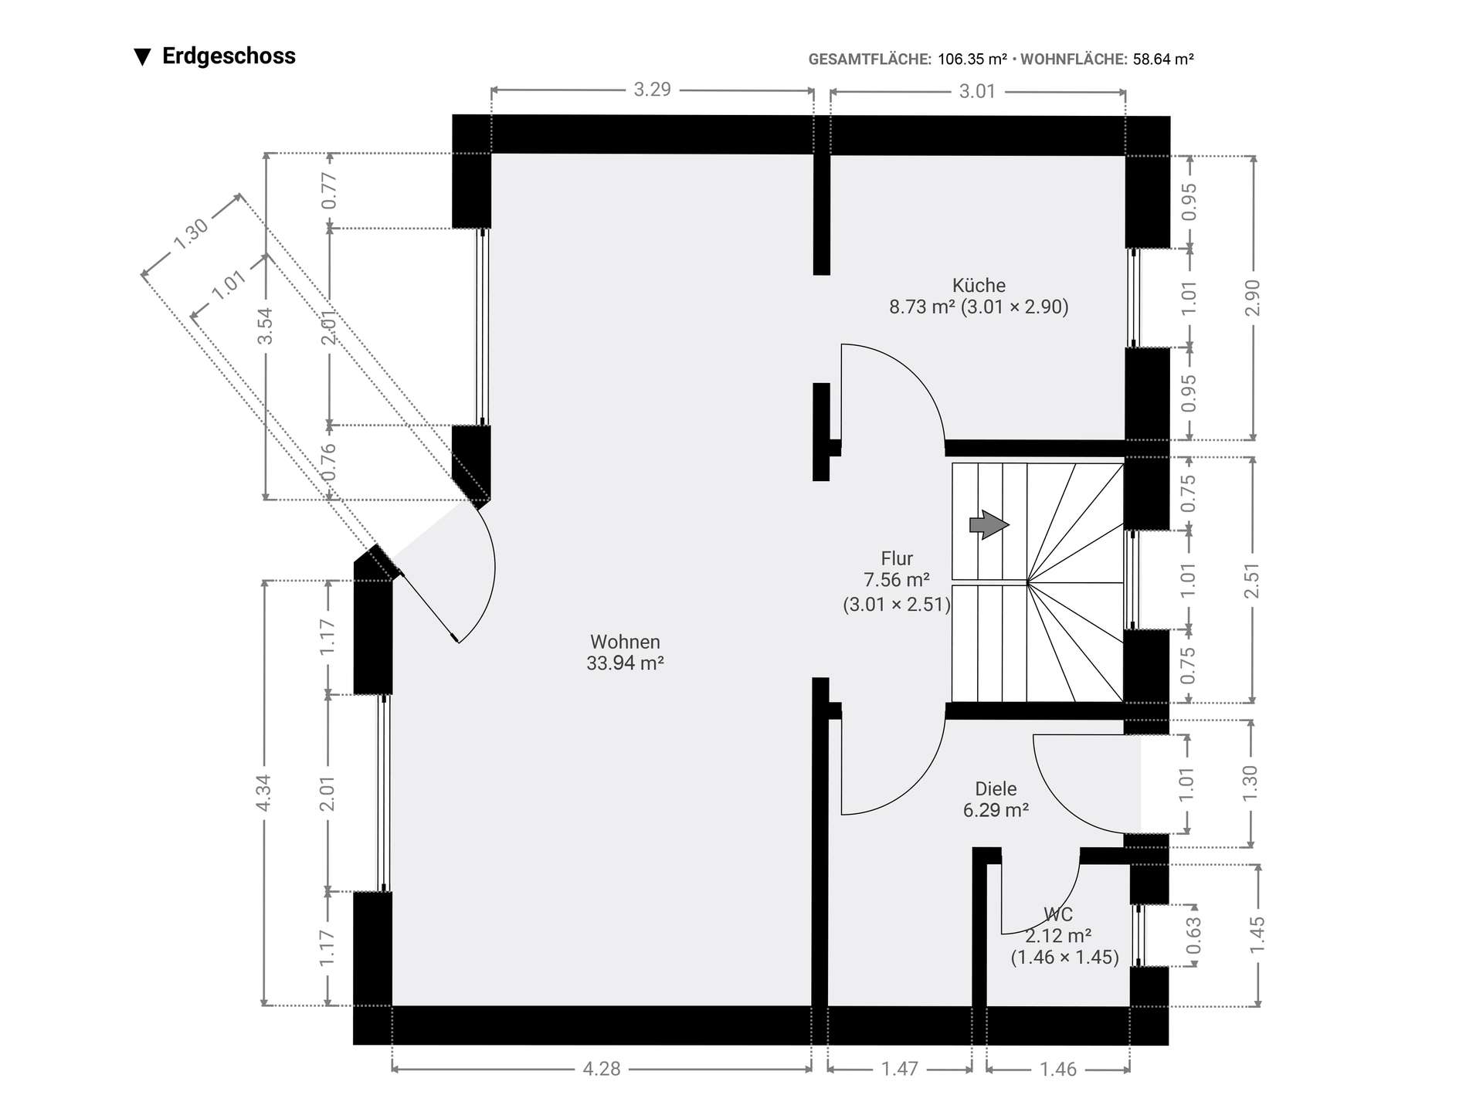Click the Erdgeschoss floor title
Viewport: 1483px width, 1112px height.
click(x=229, y=56)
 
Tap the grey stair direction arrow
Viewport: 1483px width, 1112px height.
click(x=989, y=525)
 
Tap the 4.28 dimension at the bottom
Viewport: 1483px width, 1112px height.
click(x=602, y=1069)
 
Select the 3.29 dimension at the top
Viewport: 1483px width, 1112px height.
click(x=653, y=90)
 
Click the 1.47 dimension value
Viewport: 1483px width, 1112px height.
click(x=900, y=1069)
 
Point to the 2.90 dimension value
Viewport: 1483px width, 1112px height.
click(x=1252, y=298)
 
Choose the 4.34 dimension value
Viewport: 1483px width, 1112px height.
click(x=263, y=793)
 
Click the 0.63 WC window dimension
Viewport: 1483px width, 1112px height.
click(x=1193, y=934)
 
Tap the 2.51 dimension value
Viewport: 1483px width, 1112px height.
click(x=1252, y=581)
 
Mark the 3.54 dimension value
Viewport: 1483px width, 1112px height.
click(x=265, y=326)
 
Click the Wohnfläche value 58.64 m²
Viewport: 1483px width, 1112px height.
click(x=1163, y=59)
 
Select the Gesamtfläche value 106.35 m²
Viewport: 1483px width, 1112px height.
click(x=972, y=59)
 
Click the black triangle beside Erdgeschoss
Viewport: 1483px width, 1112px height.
click(x=142, y=57)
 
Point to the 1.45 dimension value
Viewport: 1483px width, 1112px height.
click(x=1257, y=935)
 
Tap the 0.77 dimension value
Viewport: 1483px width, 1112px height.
click(x=329, y=190)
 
